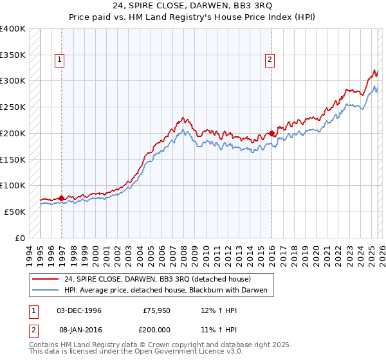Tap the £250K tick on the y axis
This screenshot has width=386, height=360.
pyautogui.click(x=13, y=107)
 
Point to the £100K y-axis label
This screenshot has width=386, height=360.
pyautogui.click(x=13, y=185)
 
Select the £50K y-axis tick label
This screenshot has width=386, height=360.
pyautogui.click(x=15, y=212)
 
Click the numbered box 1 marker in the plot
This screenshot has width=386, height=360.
pyautogui.click(x=59, y=60)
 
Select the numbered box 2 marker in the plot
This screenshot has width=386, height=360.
pyautogui.click(x=269, y=60)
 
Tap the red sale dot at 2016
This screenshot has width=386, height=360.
pyautogui.click(x=272, y=134)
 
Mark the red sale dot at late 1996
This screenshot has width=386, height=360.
pyautogui.click(x=62, y=198)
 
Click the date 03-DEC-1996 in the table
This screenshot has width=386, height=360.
pyautogui.click(x=79, y=310)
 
